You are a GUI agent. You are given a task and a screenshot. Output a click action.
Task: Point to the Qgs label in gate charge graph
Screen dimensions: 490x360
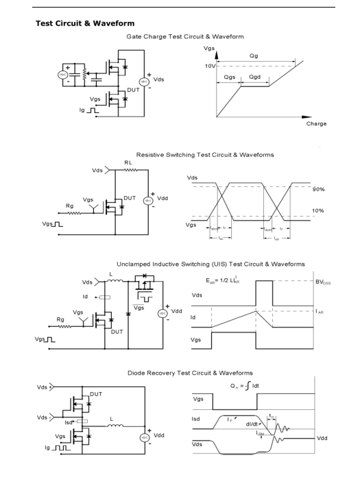coord(230,78)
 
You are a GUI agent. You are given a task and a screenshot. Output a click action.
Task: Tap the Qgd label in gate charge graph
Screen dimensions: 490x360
coord(256,78)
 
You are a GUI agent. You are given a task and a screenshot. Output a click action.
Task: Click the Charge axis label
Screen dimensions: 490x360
coord(315,124)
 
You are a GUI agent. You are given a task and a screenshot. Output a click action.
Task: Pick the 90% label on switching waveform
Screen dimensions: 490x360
coord(317,188)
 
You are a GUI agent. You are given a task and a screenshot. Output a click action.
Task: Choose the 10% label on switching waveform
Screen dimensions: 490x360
coord(317,211)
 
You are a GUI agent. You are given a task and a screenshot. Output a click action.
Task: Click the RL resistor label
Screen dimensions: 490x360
coord(128,163)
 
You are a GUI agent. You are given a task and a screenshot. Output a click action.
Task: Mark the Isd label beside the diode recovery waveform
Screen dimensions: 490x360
coord(197,415)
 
